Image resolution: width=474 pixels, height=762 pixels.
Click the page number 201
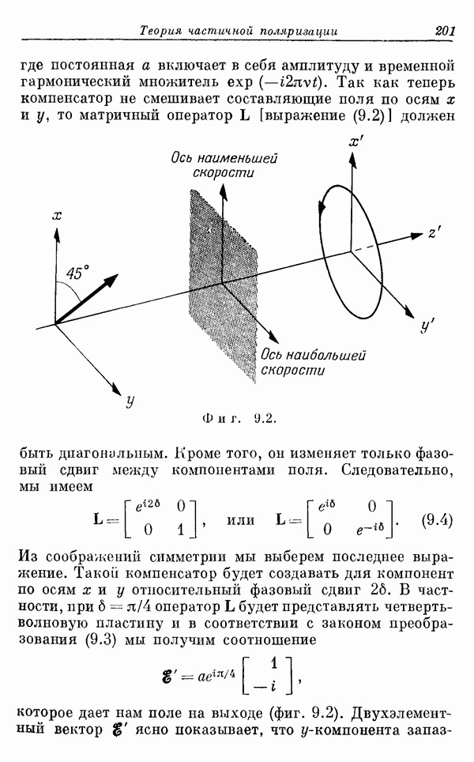tap(445, 31)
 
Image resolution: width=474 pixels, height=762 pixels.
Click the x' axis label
tap(356, 141)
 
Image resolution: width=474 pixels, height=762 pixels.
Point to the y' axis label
tap(427, 325)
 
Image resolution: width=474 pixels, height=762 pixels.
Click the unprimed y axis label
tap(130, 401)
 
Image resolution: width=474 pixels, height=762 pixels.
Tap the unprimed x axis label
tap(57, 215)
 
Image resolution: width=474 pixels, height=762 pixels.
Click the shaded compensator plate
tap(224, 286)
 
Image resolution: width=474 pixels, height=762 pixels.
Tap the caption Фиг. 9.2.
tap(239, 418)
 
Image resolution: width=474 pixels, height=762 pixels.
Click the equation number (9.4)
tap(437, 520)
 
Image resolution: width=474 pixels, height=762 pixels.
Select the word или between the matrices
tap(241, 520)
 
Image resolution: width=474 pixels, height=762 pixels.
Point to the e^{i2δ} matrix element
tap(145, 507)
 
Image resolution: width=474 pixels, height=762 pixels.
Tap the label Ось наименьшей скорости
tap(224, 165)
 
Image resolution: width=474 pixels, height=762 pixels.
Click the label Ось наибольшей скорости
tap(314, 363)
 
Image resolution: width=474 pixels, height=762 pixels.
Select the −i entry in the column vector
tap(266, 686)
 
